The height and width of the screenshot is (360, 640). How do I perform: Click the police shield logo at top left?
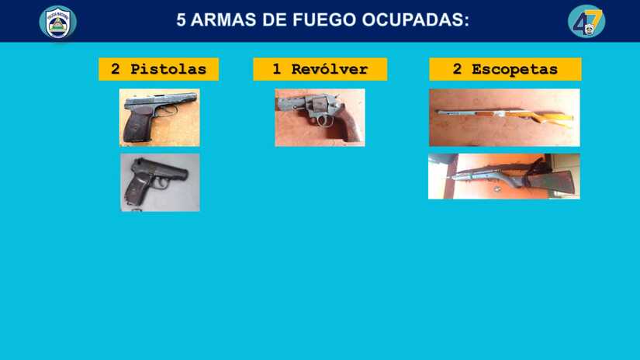tap(58, 22)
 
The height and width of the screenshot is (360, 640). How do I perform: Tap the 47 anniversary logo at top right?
tap(586, 21)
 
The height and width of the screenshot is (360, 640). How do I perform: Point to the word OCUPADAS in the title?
tap(415, 19)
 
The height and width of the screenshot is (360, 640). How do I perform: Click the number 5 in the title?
tap(182, 19)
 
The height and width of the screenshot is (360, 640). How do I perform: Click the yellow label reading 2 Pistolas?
tap(158, 69)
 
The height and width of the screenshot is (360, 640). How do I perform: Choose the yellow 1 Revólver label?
tap(320, 69)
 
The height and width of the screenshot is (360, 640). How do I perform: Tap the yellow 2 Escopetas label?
tap(505, 69)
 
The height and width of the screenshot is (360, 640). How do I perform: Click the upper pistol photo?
tap(159, 117)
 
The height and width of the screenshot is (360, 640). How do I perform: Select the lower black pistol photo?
tap(160, 182)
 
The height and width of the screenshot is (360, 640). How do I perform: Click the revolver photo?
tap(320, 117)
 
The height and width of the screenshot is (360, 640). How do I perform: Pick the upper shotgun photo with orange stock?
tap(504, 117)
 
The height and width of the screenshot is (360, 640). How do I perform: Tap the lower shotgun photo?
tap(503, 176)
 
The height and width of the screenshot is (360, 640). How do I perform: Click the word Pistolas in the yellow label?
tap(168, 69)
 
